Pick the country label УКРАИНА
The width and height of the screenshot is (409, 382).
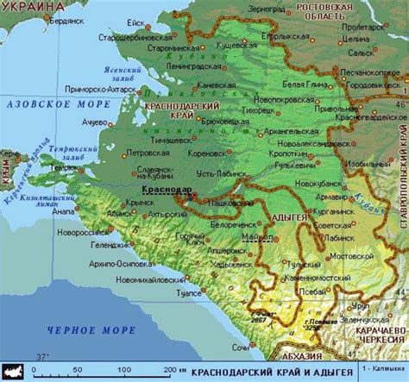(33, 6)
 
